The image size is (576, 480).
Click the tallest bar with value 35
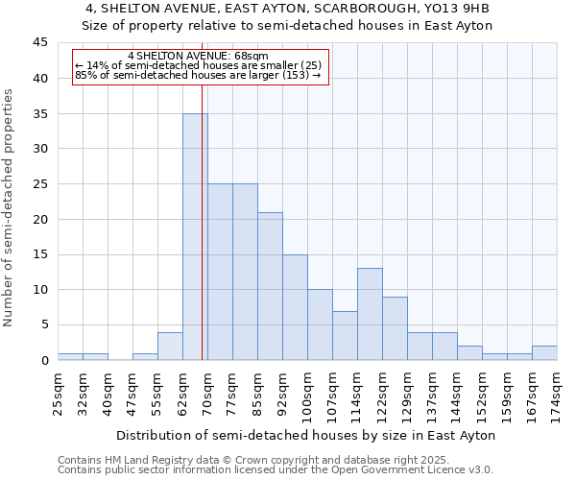(195, 236)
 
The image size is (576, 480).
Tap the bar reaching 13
(370, 314)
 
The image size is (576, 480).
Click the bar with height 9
(395, 328)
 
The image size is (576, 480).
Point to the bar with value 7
(345, 335)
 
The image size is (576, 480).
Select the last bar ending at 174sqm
(544, 353)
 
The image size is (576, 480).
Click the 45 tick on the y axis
(40, 43)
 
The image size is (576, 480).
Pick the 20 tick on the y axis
(40, 219)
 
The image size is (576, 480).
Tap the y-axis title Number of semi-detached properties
(9, 207)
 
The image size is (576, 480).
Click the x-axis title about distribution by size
(307, 435)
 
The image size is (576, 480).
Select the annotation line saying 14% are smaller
(198, 65)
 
